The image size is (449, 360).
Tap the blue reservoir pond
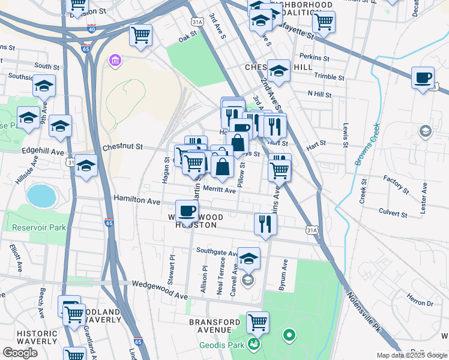coord(40,195)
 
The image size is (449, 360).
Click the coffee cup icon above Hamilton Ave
coord(187,210)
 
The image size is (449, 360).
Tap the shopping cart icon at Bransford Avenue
coord(258,322)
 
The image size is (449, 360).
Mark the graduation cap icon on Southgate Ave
coord(249,258)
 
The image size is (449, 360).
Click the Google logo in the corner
coord(20,353)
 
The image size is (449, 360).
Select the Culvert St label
coord(393,212)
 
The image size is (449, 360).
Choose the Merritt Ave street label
coord(219,190)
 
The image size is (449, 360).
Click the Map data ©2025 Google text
coord(411,355)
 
